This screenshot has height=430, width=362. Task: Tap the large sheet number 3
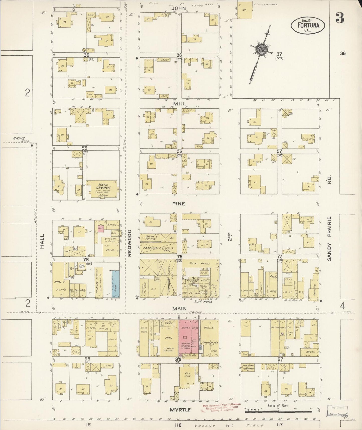tap(340, 18)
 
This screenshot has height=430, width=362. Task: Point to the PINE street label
tap(179, 204)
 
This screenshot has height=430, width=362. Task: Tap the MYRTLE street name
tap(180, 410)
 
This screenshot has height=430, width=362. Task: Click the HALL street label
tap(42, 241)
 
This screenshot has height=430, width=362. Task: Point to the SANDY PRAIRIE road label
tap(329, 238)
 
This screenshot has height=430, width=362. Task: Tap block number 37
tap(279, 54)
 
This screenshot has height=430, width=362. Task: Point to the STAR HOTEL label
tap(203, 302)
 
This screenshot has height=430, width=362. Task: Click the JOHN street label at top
tap(179, 8)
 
